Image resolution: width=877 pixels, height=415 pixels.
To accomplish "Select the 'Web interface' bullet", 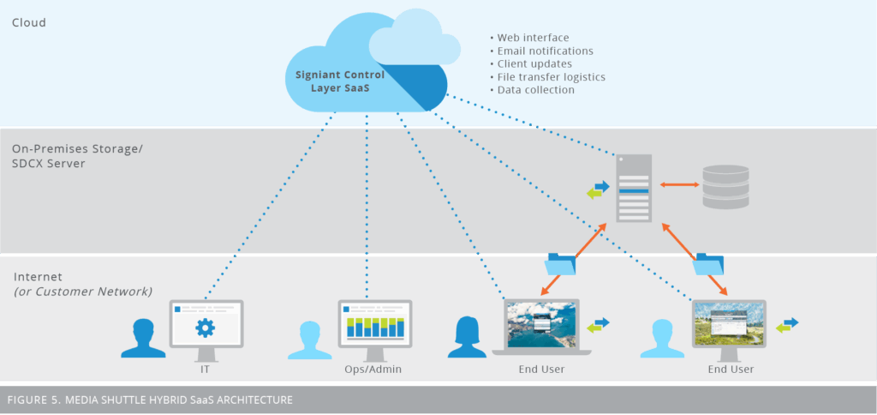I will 532,38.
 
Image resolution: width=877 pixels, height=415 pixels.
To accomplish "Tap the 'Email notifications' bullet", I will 544,51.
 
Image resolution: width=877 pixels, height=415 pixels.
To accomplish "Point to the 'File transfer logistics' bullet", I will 551,76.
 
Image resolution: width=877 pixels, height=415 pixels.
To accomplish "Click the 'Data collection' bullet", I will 535,89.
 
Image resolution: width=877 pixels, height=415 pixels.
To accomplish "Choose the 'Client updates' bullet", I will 535,63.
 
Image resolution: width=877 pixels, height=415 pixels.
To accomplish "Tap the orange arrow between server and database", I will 676,183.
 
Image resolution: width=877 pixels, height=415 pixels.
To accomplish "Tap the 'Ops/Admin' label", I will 374,370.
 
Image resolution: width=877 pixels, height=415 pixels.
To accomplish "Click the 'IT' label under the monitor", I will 205,370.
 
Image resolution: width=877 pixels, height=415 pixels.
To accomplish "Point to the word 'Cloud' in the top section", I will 29,23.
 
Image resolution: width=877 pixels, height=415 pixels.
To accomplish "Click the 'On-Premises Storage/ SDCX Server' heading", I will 77,156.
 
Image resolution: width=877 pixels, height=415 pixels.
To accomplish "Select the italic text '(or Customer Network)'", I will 83,292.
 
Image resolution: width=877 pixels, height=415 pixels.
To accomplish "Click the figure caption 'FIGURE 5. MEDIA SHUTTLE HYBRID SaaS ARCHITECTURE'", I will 150,400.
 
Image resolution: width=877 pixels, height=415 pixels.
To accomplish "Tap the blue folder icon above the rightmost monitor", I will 710,264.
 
